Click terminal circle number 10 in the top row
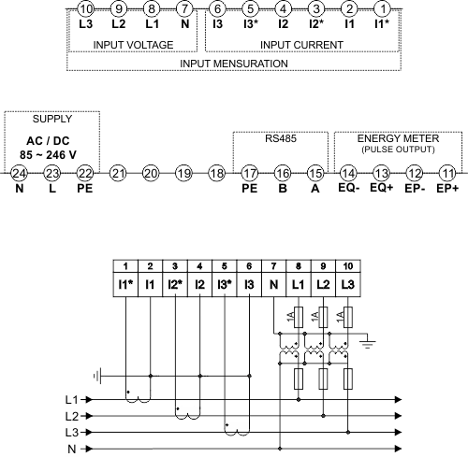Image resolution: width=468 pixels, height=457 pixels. tap(86, 8)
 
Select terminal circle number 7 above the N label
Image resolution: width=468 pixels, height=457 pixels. tap(185, 8)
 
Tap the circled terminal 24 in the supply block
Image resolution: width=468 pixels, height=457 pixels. tap(19, 173)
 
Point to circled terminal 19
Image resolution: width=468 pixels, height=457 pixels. tap(183, 173)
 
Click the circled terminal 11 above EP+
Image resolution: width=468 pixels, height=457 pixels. tap(447, 173)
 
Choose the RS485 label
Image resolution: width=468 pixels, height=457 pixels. tap(281, 138)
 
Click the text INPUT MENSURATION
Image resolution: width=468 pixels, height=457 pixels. tap(234, 64)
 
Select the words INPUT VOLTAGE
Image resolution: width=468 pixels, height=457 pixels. tap(133, 45)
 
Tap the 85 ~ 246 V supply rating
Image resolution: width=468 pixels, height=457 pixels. tap(48, 155)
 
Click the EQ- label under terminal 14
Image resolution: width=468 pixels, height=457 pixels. tap(349, 188)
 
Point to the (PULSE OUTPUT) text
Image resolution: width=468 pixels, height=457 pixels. tap(398, 150)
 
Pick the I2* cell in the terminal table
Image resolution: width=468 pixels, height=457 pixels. tap(175, 284)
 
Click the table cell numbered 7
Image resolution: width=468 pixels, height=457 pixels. tap(273, 266)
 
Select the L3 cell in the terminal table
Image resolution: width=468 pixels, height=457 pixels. tap(348, 284)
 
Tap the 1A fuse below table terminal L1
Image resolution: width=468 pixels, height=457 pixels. tap(299, 317)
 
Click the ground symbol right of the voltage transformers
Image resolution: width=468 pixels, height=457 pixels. tap(368, 343)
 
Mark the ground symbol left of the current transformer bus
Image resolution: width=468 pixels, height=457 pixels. tap(97, 376)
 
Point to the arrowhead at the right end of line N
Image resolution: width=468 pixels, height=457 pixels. tap(398, 449)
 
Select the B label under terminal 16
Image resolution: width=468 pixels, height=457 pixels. tap(283, 188)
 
